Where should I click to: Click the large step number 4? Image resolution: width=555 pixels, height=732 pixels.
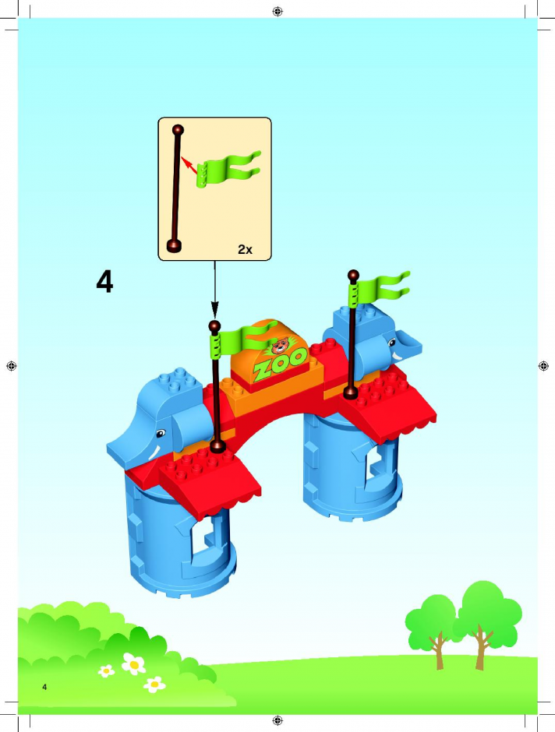pyautogui.click(x=104, y=282)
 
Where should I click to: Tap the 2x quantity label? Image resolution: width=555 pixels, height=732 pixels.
pyautogui.click(x=245, y=249)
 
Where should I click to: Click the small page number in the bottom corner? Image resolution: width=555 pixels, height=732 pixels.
pyautogui.click(x=44, y=687)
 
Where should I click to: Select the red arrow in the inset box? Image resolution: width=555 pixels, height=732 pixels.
pyautogui.click(x=189, y=165)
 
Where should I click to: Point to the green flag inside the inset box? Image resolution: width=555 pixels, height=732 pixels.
pyautogui.click(x=228, y=168)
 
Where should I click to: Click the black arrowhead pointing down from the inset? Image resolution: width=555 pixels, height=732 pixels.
pyautogui.click(x=214, y=309)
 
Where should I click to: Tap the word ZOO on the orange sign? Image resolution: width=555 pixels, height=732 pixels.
pyautogui.click(x=280, y=364)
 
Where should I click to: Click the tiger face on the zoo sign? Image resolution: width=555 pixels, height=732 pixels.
pyautogui.click(x=280, y=346)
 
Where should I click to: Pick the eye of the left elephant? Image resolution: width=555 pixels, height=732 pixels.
pyautogui.click(x=161, y=433)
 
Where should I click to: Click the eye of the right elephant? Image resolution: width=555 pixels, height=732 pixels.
pyautogui.click(x=392, y=343)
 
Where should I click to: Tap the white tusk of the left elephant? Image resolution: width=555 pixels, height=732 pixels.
pyautogui.click(x=156, y=453)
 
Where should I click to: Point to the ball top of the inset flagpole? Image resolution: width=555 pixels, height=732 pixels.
pyautogui.click(x=178, y=130)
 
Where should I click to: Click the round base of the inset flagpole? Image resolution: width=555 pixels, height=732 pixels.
pyautogui.click(x=175, y=245)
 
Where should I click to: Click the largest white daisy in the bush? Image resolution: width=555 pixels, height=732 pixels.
pyautogui.click(x=133, y=663)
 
